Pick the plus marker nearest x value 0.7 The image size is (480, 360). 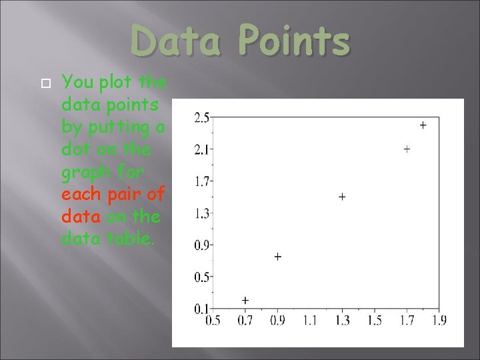[x=245, y=301]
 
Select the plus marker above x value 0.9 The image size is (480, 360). [x=277, y=257]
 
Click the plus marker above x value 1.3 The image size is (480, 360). [x=342, y=197]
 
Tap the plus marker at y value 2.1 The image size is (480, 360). [x=407, y=149]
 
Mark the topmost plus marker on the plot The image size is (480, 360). [x=423, y=125]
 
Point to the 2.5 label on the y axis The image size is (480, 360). [x=201, y=118]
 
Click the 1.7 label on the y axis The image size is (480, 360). [x=201, y=181]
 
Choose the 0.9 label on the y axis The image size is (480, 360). [x=201, y=245]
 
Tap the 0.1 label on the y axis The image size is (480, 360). [x=201, y=308]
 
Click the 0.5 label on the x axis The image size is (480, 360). [x=213, y=321]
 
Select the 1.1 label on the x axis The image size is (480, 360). [x=310, y=321]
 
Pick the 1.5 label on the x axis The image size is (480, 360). [x=375, y=321]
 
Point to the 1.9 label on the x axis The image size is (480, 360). [x=438, y=321]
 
